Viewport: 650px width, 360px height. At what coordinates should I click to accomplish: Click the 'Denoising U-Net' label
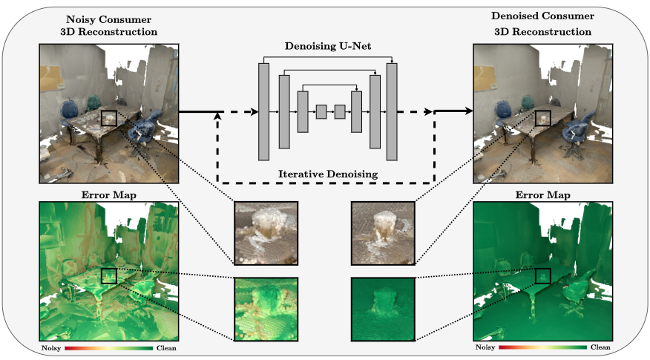click(x=328, y=47)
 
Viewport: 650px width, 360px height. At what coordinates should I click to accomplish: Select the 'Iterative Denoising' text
click(x=328, y=174)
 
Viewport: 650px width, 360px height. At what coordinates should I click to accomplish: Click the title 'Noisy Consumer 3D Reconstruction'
click(x=109, y=25)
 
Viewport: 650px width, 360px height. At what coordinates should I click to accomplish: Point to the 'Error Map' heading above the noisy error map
click(x=109, y=196)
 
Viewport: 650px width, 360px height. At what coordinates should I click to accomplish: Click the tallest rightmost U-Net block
click(x=392, y=111)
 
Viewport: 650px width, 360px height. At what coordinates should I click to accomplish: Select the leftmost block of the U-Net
click(x=263, y=111)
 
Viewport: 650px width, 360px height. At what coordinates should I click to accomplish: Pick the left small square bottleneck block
click(x=321, y=111)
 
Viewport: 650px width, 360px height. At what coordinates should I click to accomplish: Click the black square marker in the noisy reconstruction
click(x=108, y=118)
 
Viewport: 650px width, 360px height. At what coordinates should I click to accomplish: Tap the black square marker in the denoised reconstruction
click(x=542, y=118)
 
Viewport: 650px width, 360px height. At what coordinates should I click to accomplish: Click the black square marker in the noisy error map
click(x=109, y=275)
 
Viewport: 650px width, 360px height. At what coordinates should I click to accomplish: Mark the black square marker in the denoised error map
click(x=543, y=276)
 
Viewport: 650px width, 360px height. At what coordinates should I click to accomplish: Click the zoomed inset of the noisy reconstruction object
click(x=266, y=233)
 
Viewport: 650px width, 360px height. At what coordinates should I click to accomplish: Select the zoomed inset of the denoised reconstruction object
click(x=383, y=233)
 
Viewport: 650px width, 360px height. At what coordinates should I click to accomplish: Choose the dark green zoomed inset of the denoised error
click(x=383, y=309)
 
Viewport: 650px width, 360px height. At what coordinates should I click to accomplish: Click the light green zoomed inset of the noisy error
click(x=266, y=309)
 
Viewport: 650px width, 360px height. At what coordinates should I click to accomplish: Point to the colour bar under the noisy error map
click(x=110, y=347)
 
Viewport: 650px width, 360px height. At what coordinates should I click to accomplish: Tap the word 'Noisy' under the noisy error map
click(x=52, y=347)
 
